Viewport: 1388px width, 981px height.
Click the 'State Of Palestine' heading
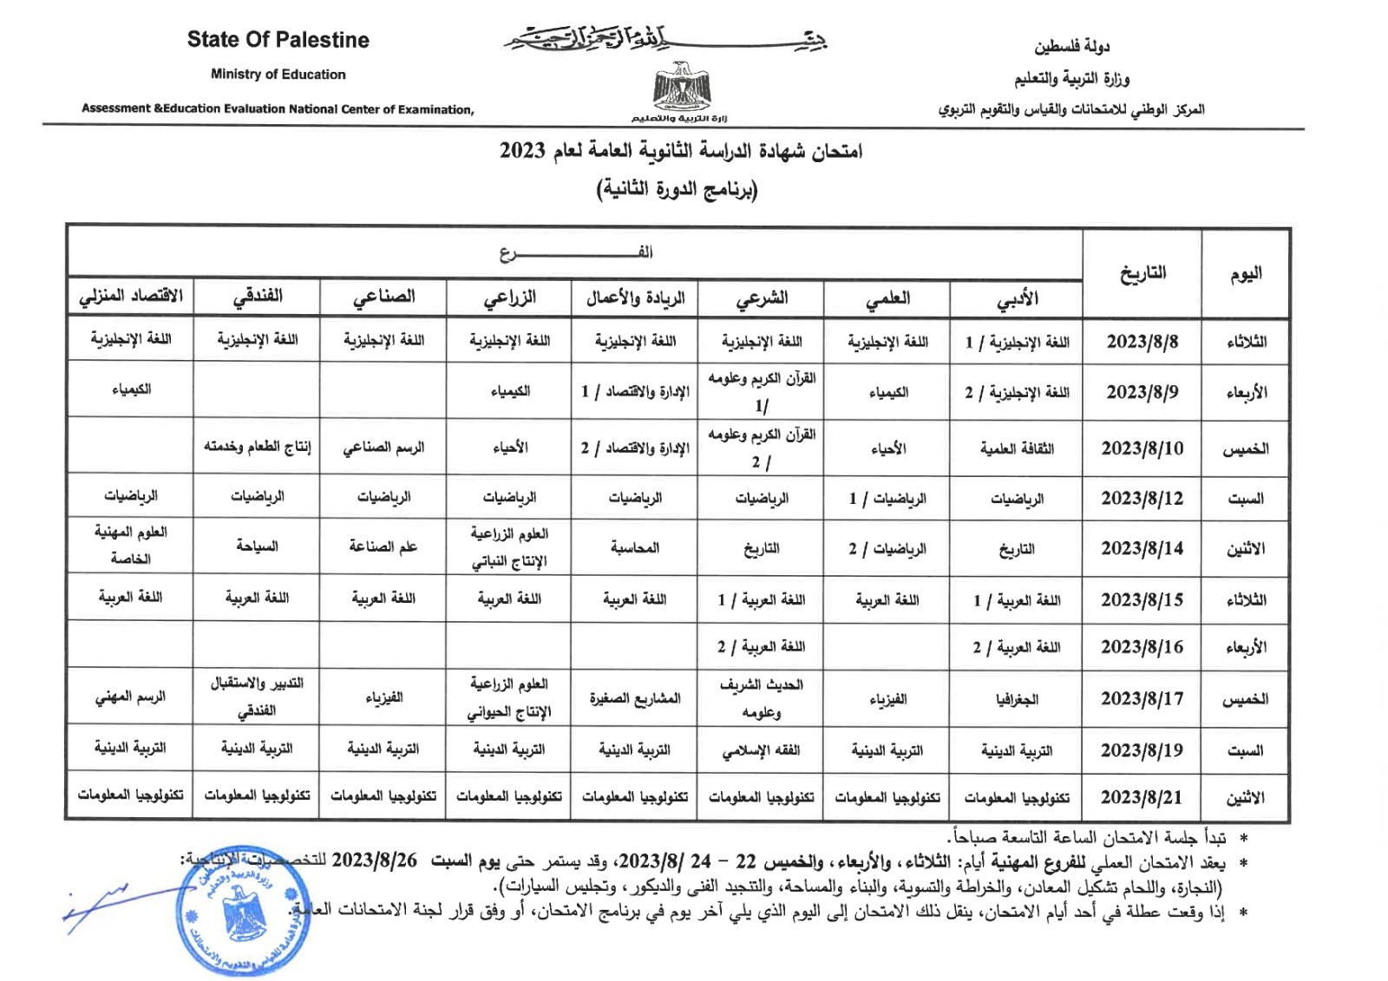point(278,40)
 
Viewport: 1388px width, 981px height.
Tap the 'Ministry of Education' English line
point(278,75)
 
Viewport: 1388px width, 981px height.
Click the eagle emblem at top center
point(682,87)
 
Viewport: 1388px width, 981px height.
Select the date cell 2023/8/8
point(1142,342)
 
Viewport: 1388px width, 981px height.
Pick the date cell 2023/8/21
point(1142,797)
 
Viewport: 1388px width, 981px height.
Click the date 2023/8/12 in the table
point(1142,499)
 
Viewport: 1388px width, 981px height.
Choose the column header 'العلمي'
point(887,298)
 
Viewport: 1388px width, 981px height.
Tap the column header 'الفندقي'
point(258,297)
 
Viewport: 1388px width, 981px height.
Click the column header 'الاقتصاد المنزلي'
point(131,296)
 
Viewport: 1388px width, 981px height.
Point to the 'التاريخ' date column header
point(1142,274)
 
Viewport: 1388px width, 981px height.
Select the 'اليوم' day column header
point(1245,274)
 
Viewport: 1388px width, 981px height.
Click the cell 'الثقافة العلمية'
point(1017,448)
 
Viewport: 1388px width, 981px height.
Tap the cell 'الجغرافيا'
point(1017,699)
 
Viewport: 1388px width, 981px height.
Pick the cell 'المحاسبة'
point(635,548)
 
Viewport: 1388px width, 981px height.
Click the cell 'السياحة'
point(257,546)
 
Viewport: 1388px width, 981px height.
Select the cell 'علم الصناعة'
point(383,546)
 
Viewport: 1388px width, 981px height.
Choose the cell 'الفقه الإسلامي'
point(761,750)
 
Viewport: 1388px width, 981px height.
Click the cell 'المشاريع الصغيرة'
point(635,698)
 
